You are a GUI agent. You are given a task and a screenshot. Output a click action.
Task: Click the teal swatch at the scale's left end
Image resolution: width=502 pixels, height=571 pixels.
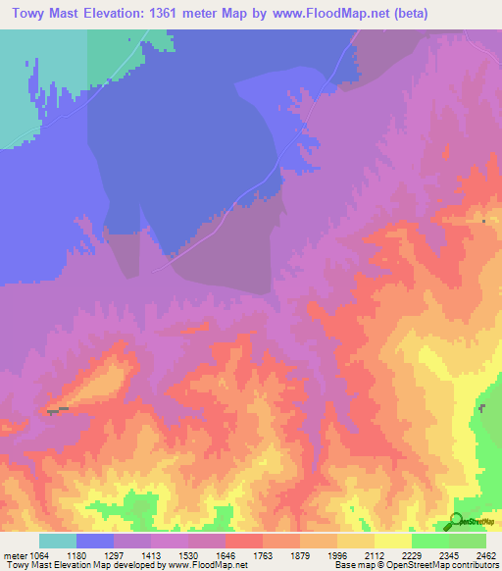pyautogui.click(x=58, y=541)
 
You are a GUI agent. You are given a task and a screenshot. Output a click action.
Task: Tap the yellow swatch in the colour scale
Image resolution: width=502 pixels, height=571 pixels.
pyautogui.click(x=392, y=541)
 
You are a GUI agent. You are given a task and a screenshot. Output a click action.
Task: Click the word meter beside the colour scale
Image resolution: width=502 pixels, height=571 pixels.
pyautogui.click(x=14, y=556)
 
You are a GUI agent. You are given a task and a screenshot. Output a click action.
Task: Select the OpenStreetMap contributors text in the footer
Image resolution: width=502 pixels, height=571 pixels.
pyautogui.click(x=452, y=566)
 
